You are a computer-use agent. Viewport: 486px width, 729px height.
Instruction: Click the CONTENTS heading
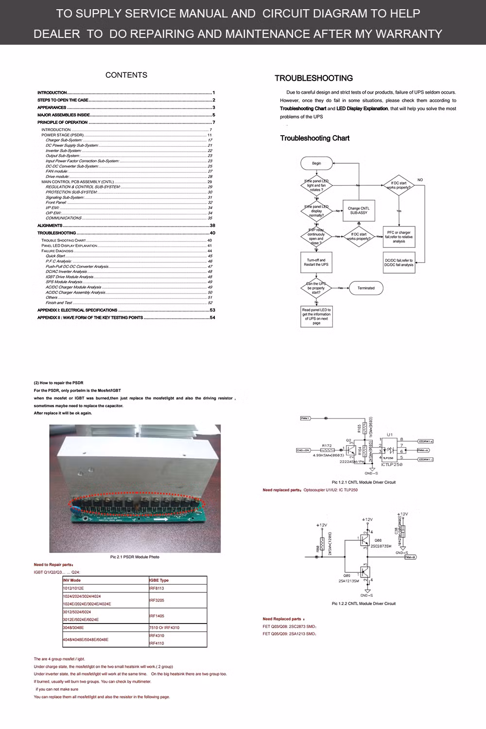[x=126, y=75]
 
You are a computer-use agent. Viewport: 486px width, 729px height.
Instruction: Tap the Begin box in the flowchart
[x=316, y=163]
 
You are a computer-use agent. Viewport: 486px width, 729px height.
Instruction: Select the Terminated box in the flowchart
[x=366, y=288]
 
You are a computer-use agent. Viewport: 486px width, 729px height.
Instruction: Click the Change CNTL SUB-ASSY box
[x=359, y=210]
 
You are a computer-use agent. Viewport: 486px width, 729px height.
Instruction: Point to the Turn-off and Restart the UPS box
[x=316, y=262]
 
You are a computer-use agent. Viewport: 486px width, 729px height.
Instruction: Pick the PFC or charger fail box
[x=399, y=237]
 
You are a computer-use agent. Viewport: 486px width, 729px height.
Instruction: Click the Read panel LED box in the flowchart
[x=316, y=316]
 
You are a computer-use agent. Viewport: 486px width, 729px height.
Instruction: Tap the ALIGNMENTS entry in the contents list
[x=50, y=226]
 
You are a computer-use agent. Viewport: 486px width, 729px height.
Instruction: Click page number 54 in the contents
[x=212, y=318]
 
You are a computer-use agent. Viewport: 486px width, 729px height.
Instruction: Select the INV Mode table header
[x=72, y=580]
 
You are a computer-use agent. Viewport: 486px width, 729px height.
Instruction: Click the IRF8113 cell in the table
[x=157, y=588]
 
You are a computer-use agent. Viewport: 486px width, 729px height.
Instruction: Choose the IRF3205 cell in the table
[x=157, y=600]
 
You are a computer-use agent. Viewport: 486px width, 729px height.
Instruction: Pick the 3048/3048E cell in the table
[x=73, y=627]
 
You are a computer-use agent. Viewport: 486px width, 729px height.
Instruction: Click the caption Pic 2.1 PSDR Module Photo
[x=135, y=557]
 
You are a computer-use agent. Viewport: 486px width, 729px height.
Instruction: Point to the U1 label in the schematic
[x=389, y=434]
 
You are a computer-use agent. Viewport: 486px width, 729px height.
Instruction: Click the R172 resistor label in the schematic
[x=327, y=445]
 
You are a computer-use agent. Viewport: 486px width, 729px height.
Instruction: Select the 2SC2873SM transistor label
[x=381, y=546]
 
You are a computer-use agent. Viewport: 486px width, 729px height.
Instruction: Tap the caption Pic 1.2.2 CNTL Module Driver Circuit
[x=364, y=604]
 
